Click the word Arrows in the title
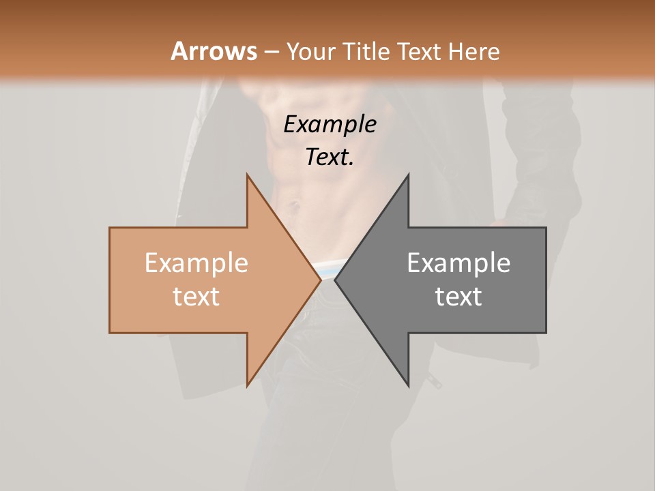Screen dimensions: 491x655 (214, 51)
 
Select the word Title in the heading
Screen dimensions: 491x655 (368, 51)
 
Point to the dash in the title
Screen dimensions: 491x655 (271, 53)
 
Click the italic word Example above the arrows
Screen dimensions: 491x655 (330, 125)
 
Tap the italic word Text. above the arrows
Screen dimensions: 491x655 (330, 158)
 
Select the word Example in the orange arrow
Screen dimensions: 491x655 (196, 263)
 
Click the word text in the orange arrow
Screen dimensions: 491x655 (196, 297)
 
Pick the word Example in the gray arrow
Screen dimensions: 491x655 (458, 263)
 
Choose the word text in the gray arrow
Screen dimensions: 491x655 (458, 297)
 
